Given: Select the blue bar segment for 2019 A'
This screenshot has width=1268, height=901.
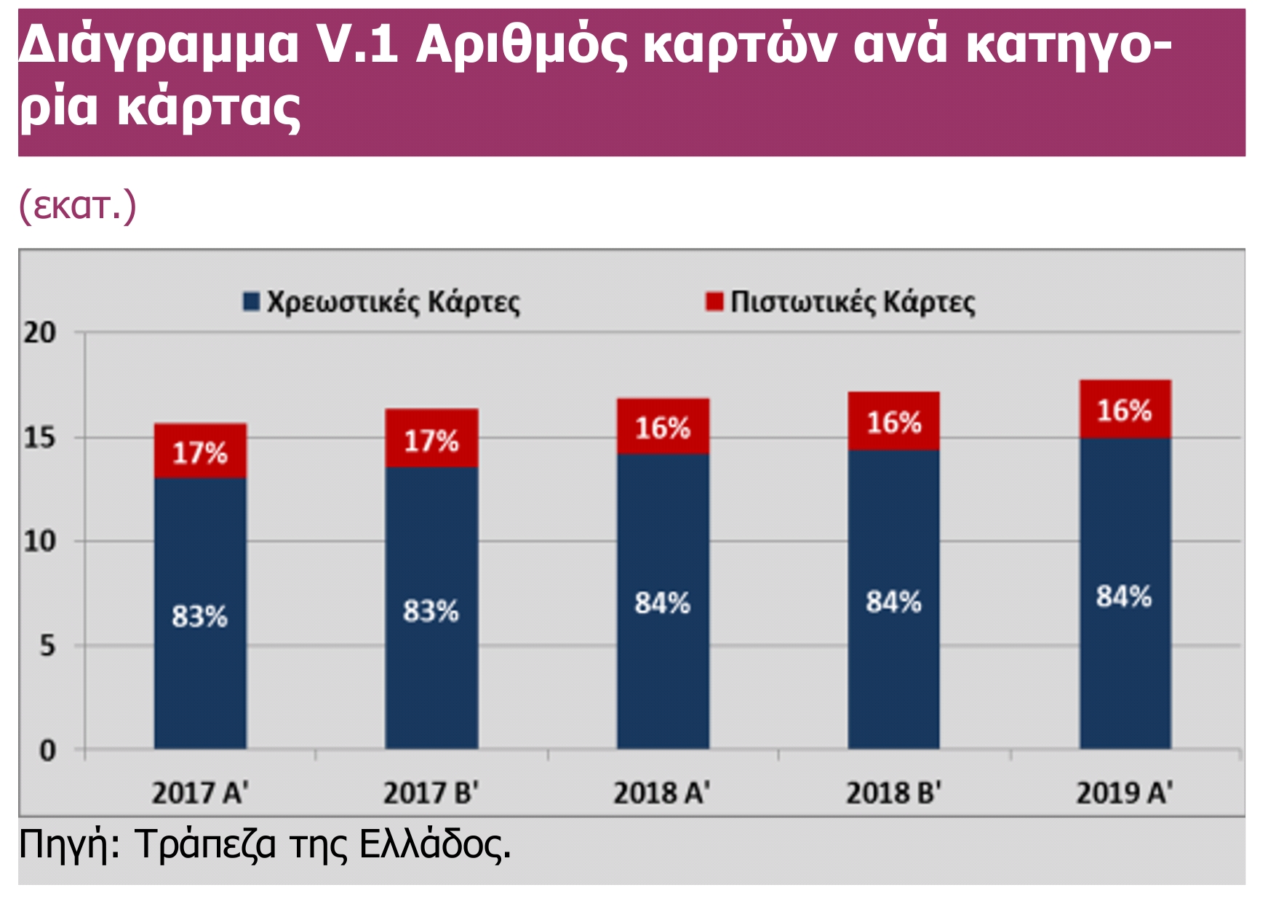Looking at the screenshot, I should pos(1125,654).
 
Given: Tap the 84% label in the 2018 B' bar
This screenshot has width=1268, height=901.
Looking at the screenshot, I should pos(893,602).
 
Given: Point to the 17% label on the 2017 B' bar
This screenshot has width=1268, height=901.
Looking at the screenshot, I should pos(431,441).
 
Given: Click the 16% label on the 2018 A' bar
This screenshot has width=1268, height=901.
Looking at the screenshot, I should pos(662,428).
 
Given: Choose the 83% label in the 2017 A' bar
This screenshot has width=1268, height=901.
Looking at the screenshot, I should pos(199,617).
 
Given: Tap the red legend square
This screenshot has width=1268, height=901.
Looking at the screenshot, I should pos(714,301).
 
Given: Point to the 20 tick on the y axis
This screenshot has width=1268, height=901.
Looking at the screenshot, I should pos(39,333).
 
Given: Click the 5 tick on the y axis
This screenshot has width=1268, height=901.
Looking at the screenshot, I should pos(47,646).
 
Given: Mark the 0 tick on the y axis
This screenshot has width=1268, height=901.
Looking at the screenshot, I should pos(47,750).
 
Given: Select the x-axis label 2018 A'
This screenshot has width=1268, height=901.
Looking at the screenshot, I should pos(661,793).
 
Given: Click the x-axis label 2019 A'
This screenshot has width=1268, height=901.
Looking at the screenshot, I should pos(1124,793).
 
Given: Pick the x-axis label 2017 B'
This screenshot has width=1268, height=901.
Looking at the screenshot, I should pos(431,793).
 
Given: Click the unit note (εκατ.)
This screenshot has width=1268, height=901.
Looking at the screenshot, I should pos(77,206).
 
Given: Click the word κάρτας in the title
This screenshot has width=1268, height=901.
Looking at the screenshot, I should pos(209,108).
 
